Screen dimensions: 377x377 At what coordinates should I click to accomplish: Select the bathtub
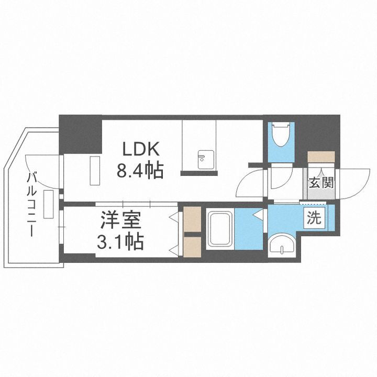pos(219,229)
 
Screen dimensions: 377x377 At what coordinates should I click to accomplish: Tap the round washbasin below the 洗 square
pos(282,246)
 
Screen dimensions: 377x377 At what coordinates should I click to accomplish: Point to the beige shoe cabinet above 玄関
pos(321,157)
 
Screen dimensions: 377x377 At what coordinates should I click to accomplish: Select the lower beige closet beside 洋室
pos(192,247)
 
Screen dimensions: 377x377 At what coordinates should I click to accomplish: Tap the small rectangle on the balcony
pos(49,204)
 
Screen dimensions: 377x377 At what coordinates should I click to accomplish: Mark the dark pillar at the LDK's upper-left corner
pos(80,134)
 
